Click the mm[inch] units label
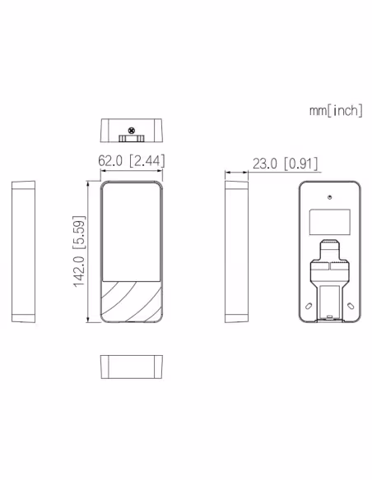pos(335,111)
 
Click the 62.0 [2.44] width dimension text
pos(131,161)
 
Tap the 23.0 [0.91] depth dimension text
pos(285,164)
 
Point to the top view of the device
pos(131,131)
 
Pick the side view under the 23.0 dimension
pos(236,252)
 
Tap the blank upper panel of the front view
pos(131,230)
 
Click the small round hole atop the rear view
pos(329,198)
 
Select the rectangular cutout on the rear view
pos(329,221)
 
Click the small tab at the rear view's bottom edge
pos(329,318)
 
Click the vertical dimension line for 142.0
pos(91,252)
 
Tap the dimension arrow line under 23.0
pos(237,173)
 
